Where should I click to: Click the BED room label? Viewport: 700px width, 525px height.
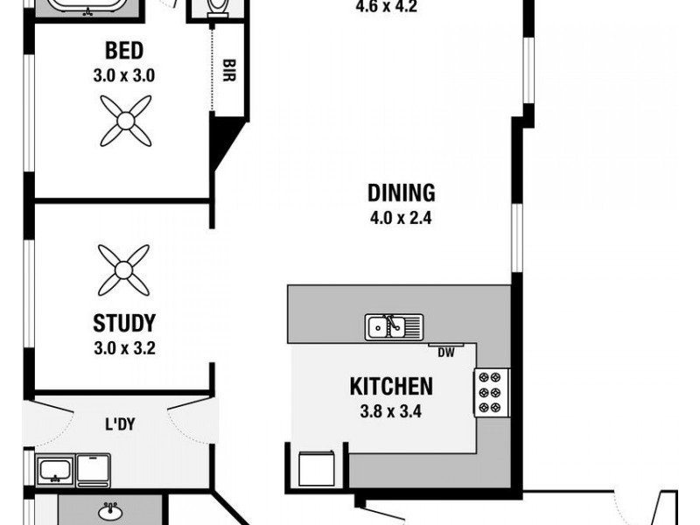pos(124,51)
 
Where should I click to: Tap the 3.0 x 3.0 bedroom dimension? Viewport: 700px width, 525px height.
pos(124,75)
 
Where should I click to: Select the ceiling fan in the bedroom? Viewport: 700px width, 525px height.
pos(126,121)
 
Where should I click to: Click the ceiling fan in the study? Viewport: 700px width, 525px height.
pos(123,270)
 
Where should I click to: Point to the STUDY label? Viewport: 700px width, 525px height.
pos(124,323)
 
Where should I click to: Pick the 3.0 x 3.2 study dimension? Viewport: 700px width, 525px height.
pos(124,348)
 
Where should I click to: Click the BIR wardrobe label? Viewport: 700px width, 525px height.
pos(228,70)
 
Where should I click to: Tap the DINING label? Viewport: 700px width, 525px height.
pos(401,192)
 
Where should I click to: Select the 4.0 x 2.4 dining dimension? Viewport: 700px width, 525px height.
pos(401,218)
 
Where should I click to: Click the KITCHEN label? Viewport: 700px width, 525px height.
pos(391,387)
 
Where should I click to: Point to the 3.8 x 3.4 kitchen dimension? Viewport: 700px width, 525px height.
pos(390,411)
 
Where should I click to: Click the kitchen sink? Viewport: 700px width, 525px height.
pos(394,327)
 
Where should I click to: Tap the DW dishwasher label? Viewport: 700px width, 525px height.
pos(446,353)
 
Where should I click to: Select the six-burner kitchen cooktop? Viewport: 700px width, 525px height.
pos(491,393)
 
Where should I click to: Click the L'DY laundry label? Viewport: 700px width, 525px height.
pos(120,424)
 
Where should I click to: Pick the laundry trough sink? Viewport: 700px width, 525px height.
pos(55,470)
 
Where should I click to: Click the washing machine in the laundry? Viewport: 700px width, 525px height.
pos(94,471)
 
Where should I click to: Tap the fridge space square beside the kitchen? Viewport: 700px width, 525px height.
pos(317,468)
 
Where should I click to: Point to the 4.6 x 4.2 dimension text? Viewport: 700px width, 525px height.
pos(386,8)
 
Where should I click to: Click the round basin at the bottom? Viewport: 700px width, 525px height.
pos(110,512)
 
